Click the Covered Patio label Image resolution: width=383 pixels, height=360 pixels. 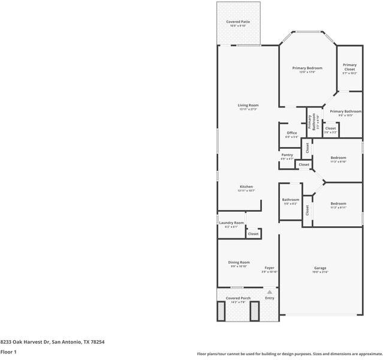click(x=238, y=22)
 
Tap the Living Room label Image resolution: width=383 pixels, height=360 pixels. click(x=248, y=106)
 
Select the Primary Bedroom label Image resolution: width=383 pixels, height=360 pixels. click(x=307, y=68)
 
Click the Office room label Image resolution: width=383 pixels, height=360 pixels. click(x=292, y=133)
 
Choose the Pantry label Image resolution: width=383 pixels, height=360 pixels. click(x=287, y=155)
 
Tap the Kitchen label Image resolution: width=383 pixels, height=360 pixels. click(x=246, y=187)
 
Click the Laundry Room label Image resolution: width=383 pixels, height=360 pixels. click(x=231, y=223)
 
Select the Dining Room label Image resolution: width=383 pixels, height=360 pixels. click(x=239, y=262)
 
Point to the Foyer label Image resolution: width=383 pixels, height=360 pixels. click(x=270, y=268)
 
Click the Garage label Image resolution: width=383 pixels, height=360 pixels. click(x=320, y=268)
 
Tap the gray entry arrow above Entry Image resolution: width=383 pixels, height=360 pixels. click(x=270, y=292)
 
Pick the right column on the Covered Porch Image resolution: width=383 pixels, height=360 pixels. click(x=254, y=310)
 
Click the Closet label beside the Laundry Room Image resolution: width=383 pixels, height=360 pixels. click(x=253, y=233)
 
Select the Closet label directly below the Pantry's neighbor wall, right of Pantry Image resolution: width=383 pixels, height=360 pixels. click(x=304, y=164)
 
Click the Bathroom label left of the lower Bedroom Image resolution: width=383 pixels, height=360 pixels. click(x=291, y=200)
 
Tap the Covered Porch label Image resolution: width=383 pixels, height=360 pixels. click(x=238, y=298)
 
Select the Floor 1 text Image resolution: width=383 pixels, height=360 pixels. click(x=8, y=352)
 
